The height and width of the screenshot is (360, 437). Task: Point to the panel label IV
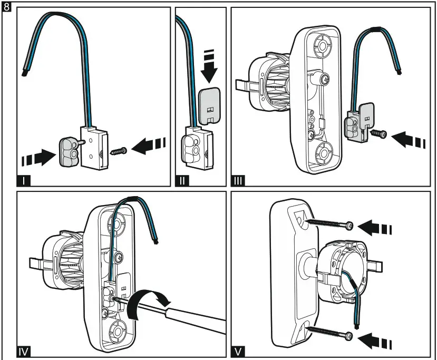coord(24,349)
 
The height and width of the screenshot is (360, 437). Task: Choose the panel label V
coord(238,349)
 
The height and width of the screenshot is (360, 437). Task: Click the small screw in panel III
coord(380,134)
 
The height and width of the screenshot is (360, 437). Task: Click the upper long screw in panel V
coord(327,225)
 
